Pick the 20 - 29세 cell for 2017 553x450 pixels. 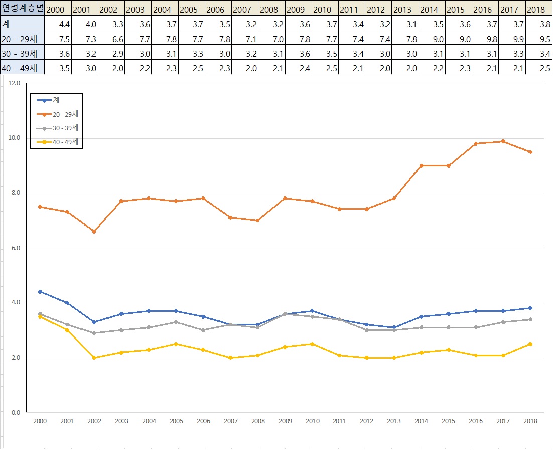pos(512,38)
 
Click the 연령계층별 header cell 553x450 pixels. pos(22,9)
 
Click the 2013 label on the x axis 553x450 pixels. pos(394,422)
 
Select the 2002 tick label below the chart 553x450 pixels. pos(94,422)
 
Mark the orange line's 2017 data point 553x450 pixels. pos(503,141)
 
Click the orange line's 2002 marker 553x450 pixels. pos(94,232)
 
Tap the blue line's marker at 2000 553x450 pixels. pos(40,292)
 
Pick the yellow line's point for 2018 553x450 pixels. pos(530,344)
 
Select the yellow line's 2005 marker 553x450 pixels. pos(176,344)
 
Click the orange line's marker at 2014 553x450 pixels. pos(421,166)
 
